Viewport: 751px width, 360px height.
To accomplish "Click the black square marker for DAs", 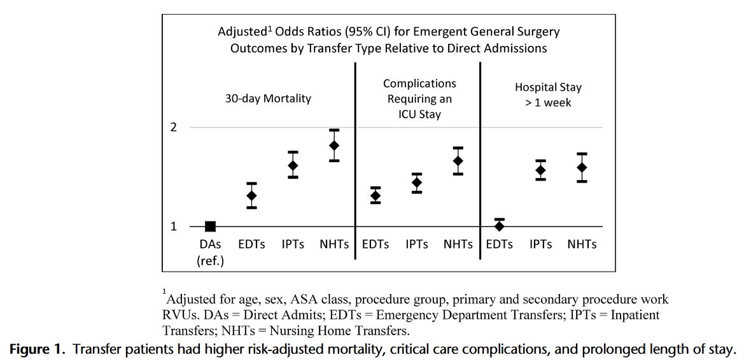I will (210, 226).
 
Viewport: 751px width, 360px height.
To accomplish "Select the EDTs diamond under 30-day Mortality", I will (251, 195).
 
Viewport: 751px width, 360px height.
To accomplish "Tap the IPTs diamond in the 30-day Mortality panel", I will (293, 165).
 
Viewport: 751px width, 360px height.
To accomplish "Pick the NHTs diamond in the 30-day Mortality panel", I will (334, 145).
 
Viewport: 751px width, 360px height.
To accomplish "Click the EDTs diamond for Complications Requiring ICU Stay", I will (375, 195).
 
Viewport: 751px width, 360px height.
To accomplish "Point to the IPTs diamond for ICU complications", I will (417, 183).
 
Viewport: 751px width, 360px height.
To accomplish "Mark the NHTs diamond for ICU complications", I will (458, 160).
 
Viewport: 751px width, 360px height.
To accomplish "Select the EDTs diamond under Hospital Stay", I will (500, 225).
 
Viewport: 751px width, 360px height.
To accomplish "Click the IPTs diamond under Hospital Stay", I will (541, 170).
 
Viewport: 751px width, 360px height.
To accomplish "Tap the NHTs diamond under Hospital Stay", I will (582, 167).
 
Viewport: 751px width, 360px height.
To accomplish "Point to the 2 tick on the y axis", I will (173, 127).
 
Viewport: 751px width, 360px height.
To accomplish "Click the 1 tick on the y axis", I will (173, 226).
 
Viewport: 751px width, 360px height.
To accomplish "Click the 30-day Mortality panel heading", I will (268, 98).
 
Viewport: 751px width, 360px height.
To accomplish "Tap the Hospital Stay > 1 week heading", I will (548, 94).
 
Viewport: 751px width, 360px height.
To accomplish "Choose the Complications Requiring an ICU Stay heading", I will (419, 99).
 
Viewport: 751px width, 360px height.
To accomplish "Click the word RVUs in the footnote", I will (180, 315).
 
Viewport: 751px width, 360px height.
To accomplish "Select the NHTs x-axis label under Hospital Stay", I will (582, 244).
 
